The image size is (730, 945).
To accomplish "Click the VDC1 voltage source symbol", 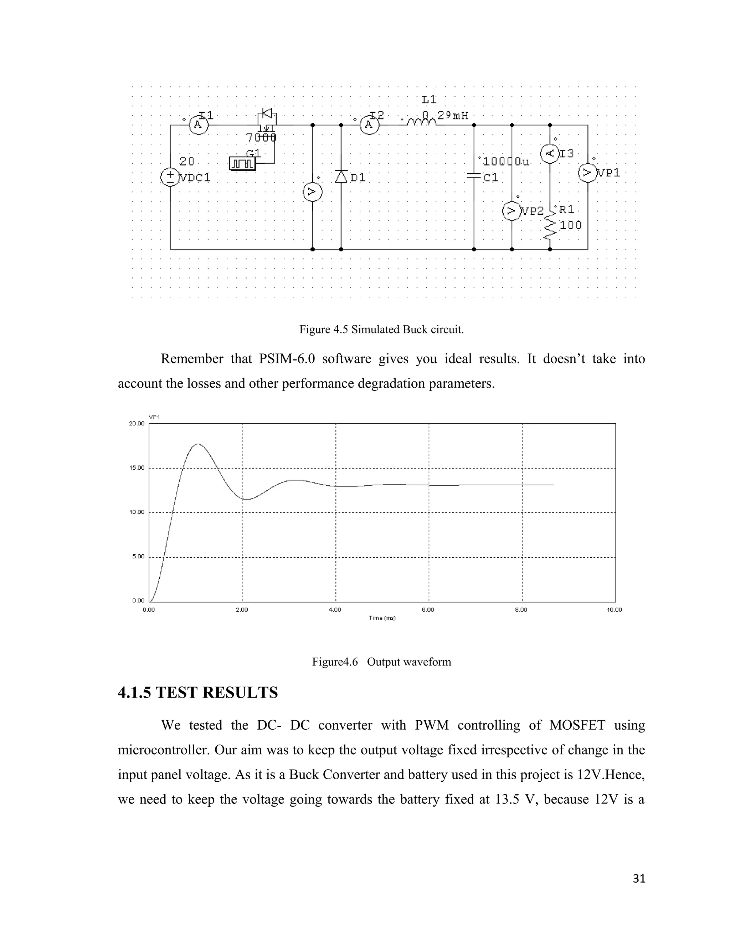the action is (x=170, y=177).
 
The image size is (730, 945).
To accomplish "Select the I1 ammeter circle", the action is (x=199, y=125).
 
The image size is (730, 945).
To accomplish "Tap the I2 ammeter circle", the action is (x=369, y=125).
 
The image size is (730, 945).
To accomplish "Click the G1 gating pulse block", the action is (x=243, y=164).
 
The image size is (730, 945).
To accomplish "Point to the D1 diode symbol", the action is (x=341, y=177).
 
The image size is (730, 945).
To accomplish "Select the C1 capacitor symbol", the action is (x=474, y=175).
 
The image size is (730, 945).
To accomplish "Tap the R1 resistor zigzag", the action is (x=550, y=227).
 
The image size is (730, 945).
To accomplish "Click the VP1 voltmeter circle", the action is (x=588, y=173).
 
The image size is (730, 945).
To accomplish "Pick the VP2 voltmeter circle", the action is (x=511, y=211).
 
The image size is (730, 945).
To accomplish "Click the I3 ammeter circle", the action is (x=550, y=154).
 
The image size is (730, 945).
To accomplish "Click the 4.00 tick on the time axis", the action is (x=335, y=610).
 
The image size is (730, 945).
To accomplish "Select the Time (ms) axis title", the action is (x=382, y=618).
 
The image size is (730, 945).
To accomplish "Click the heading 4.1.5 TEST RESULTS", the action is (x=197, y=693).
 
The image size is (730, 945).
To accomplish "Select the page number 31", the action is (x=639, y=878).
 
